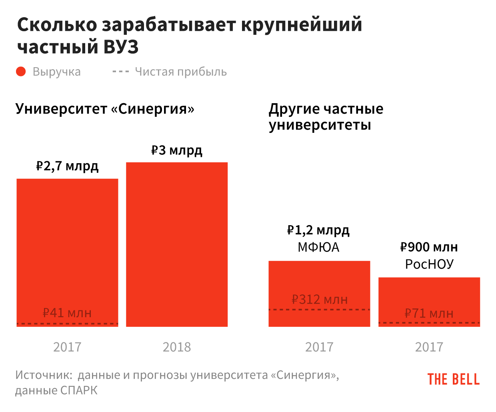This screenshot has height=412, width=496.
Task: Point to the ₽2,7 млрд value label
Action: pyautogui.click(x=67, y=166)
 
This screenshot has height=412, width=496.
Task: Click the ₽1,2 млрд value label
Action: pyautogui.click(x=318, y=230)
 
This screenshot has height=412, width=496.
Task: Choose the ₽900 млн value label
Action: pyautogui.click(x=429, y=247)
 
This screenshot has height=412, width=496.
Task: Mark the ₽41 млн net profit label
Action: pyautogui.click(x=67, y=313)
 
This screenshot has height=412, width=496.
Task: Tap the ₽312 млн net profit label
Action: pyautogui.click(x=319, y=299)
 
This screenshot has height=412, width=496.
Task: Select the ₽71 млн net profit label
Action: pyautogui.click(x=429, y=313)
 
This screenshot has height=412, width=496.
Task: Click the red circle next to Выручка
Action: pyautogui.click(x=21, y=72)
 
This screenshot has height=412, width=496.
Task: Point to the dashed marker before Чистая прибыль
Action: pyautogui.click(x=120, y=72)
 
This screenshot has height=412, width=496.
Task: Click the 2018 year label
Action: pyautogui.click(x=177, y=347)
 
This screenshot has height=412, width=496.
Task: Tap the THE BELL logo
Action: pyautogui.click(x=453, y=379)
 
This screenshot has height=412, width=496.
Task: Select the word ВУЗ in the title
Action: pyautogui.click(x=121, y=47)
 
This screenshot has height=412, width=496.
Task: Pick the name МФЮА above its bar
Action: pyautogui.click(x=318, y=247)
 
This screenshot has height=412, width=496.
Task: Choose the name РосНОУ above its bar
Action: pyautogui.click(x=429, y=264)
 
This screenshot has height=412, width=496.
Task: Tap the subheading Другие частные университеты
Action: pyautogui.click(x=326, y=116)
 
